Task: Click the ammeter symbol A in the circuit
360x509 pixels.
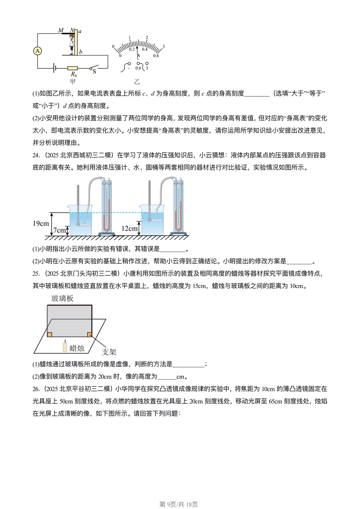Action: [37, 51]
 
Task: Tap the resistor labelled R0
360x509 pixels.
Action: [73, 68]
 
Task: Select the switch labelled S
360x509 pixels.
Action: [94, 69]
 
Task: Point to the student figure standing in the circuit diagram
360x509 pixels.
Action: [72, 43]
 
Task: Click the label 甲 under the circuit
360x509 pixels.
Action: [73, 81]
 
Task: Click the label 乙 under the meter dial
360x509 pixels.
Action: [137, 82]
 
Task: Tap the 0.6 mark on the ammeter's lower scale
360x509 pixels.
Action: [156, 56]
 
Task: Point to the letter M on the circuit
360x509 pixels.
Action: [61, 30]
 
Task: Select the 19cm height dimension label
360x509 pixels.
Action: [41, 223]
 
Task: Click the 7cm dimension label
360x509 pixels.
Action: [59, 230]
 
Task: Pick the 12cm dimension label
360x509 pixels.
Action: [129, 228]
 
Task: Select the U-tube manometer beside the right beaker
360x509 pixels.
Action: [178, 207]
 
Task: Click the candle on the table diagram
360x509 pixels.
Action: [65, 347]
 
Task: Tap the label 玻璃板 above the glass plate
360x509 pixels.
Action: [62, 298]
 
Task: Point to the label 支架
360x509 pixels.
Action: [109, 352]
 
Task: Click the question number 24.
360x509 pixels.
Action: [36, 155]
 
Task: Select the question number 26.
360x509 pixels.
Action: [36, 389]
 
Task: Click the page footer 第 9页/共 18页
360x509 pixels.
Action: [179, 504]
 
